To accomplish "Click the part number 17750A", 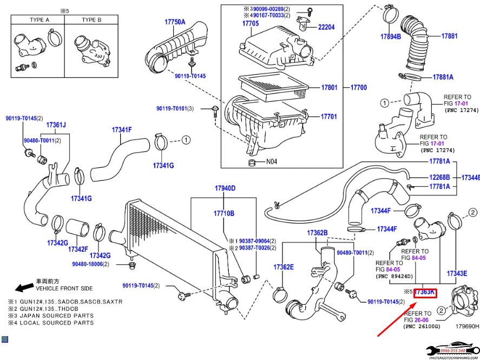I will click(175, 22).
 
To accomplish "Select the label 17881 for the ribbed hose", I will click(449, 36).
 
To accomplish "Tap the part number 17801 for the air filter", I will click(329, 87).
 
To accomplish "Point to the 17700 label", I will click(358, 87).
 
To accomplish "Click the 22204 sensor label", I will click(326, 27).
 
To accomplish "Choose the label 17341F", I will click(122, 130).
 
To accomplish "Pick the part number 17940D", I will click(225, 188).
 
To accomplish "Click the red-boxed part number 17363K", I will click(425, 293).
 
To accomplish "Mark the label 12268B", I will click(440, 177).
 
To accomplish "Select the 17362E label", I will click(284, 267).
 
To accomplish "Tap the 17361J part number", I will click(56, 125).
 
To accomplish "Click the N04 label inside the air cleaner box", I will click(272, 161).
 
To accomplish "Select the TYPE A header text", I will click(39, 19).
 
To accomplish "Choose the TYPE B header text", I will click(91, 19).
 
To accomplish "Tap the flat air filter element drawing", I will click(273, 85).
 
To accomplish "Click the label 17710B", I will click(225, 214).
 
